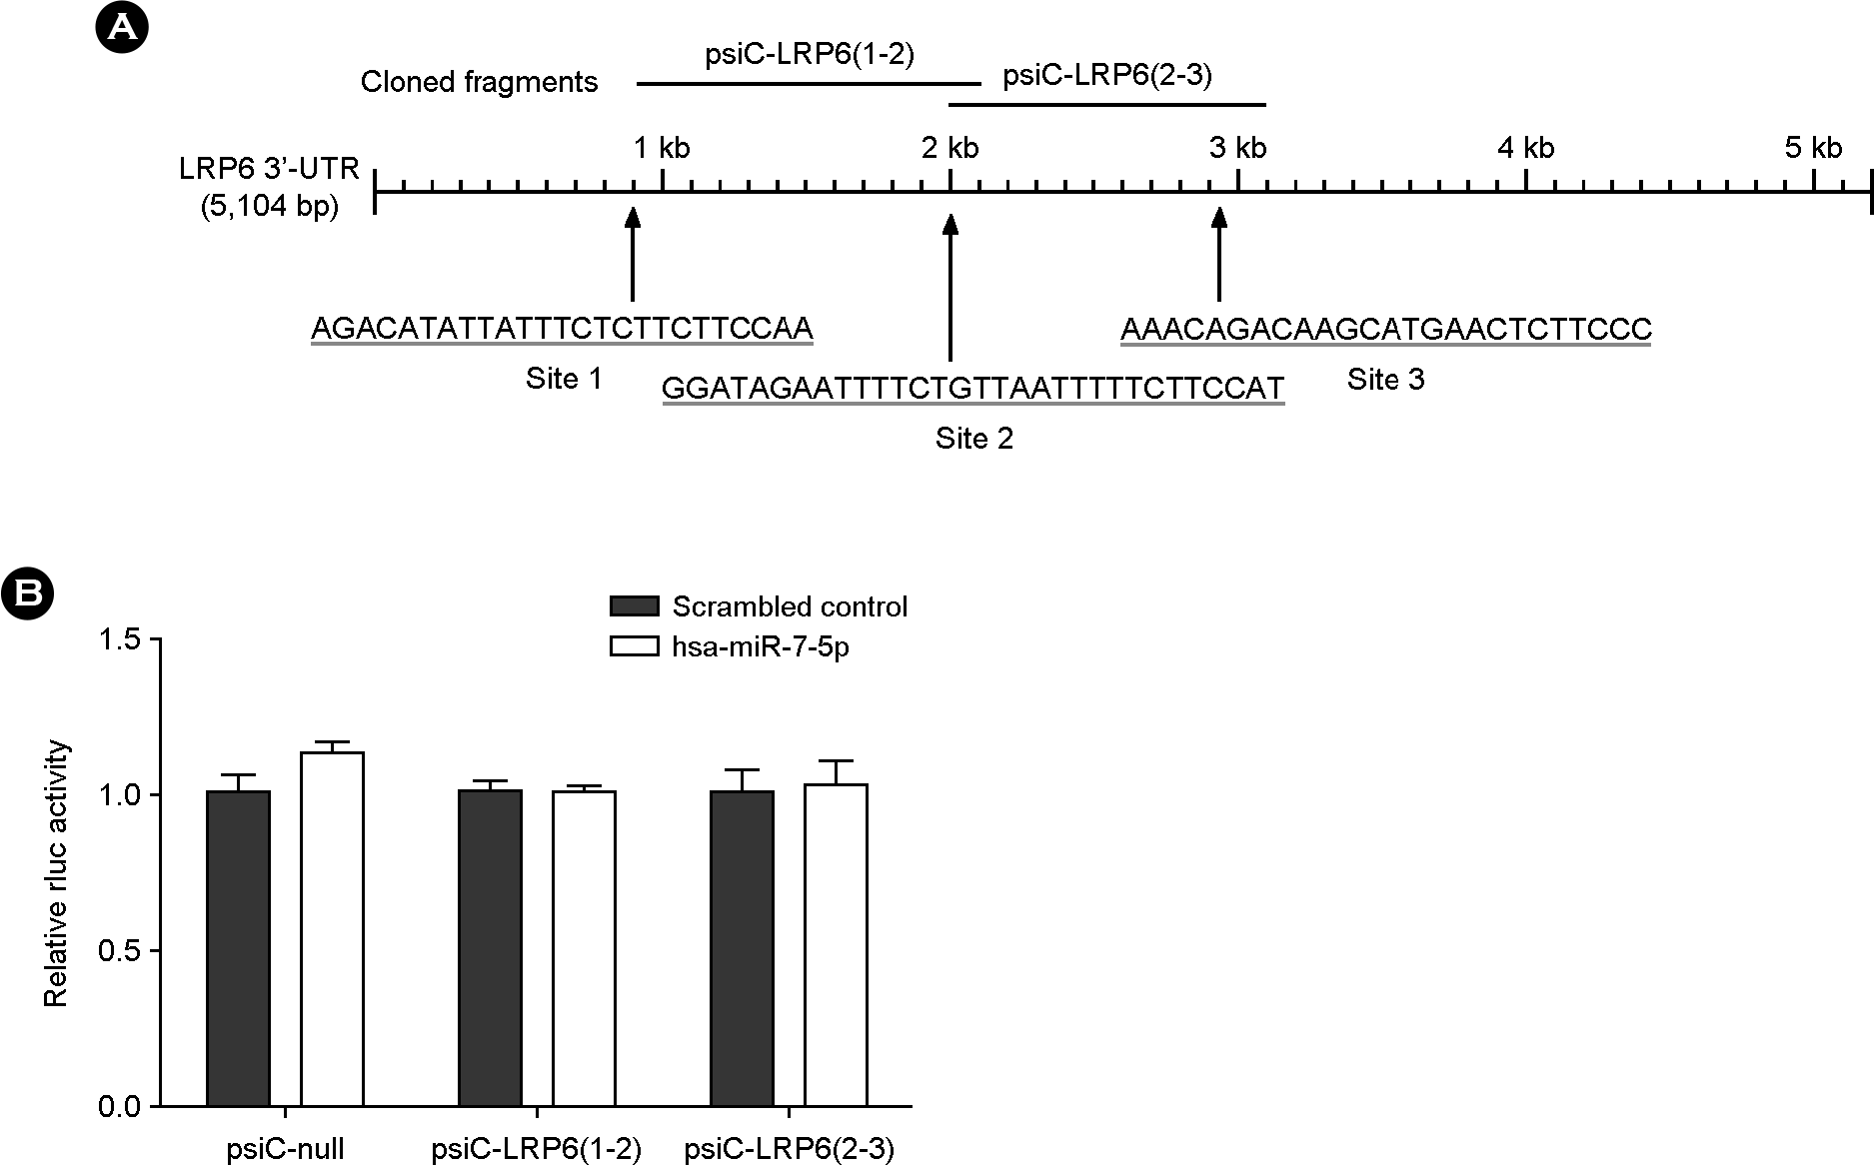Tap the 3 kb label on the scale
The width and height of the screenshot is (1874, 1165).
click(x=1237, y=149)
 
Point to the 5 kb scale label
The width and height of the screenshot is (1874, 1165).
click(x=1813, y=149)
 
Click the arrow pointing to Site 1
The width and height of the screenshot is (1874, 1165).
click(x=632, y=254)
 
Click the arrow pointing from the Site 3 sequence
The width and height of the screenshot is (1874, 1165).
click(x=1218, y=254)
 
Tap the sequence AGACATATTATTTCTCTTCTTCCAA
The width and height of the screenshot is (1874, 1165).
click(x=562, y=329)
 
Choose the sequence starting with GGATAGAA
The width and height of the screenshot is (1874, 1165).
click(x=972, y=388)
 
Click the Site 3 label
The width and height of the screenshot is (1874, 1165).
click(x=1385, y=380)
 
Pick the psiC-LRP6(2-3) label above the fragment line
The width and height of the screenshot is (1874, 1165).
click(x=1106, y=77)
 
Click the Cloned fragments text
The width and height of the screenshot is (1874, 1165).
click(x=479, y=82)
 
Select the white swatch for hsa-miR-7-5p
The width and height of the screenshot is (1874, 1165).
click(x=634, y=646)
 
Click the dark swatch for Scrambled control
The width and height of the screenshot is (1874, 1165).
click(x=634, y=606)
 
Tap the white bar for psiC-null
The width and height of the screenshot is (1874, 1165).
click(x=333, y=929)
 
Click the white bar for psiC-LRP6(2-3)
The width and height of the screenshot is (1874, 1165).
click(x=836, y=945)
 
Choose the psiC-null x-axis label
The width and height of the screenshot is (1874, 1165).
click(x=285, y=1150)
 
